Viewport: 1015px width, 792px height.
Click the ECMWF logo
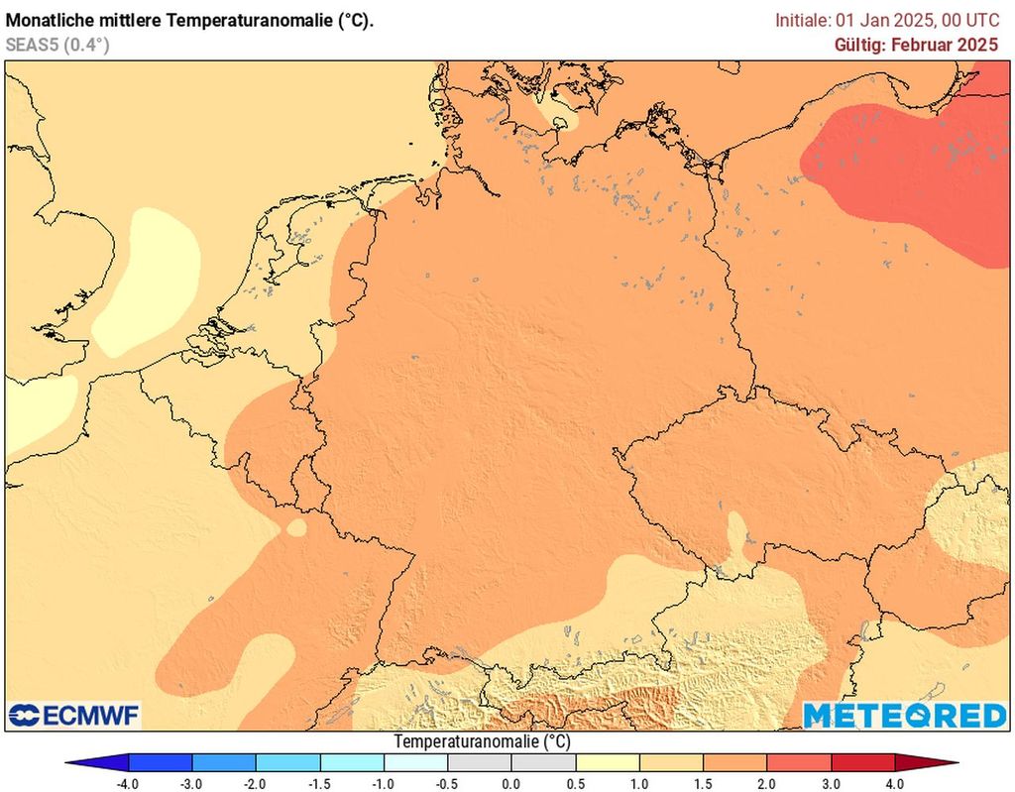pyautogui.click(x=74, y=715)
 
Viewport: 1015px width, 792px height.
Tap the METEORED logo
pyautogui.click(x=904, y=715)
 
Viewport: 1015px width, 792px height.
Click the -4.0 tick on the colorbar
pyautogui.click(x=128, y=783)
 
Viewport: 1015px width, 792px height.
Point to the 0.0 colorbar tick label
pyautogui.click(x=511, y=783)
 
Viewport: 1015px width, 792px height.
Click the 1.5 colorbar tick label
pyautogui.click(x=704, y=783)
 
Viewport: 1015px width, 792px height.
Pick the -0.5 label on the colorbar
pyautogui.click(x=447, y=783)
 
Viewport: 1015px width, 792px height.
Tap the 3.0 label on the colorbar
pyautogui.click(x=832, y=783)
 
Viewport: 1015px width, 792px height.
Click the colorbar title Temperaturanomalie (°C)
pyautogui.click(x=483, y=741)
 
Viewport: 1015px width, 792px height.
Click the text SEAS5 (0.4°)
pyautogui.click(x=57, y=45)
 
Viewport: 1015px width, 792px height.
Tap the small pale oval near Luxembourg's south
pyautogui.click(x=295, y=528)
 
